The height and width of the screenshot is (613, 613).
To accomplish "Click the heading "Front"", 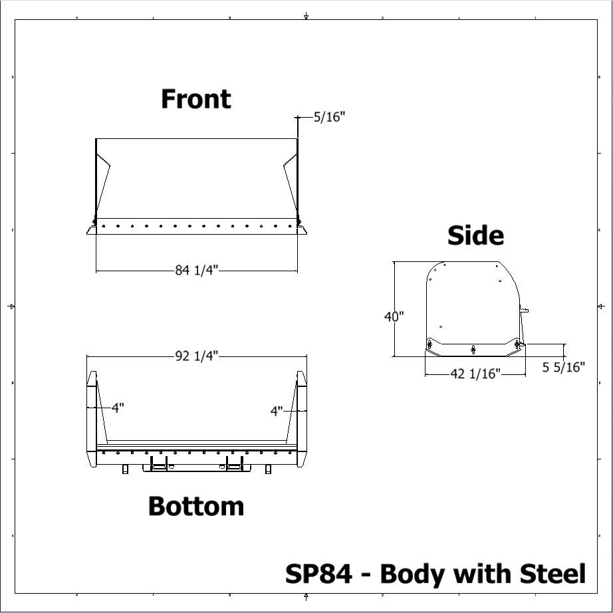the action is click(x=196, y=99).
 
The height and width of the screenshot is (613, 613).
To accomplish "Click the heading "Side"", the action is click(x=475, y=235).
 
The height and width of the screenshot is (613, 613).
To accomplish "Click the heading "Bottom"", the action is click(x=196, y=506).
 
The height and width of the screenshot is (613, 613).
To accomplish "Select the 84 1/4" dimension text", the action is click(x=196, y=270).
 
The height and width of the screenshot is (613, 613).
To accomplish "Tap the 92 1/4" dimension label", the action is click(x=196, y=356).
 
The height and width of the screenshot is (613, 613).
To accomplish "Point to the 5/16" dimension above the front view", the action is click(x=330, y=117).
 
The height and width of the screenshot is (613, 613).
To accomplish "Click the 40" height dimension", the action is click(x=394, y=316).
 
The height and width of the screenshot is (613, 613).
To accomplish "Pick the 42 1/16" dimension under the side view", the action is click(x=475, y=374).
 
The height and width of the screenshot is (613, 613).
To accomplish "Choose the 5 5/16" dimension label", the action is click(x=563, y=367).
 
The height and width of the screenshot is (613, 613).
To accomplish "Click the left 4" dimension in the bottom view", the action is click(x=118, y=408).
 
